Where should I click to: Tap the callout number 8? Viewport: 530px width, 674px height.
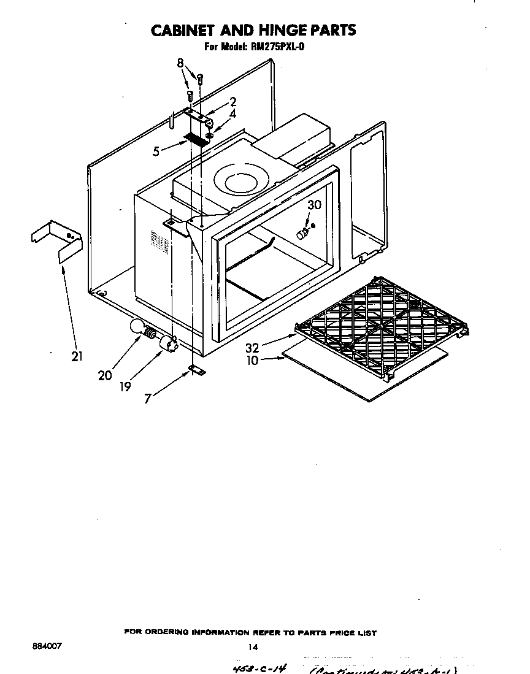point(180,63)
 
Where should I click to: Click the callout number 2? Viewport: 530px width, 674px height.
point(233,102)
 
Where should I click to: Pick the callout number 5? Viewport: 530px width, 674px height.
point(156,150)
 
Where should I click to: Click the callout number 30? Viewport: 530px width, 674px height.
point(314,205)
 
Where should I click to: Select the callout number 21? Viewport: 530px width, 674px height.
point(77,356)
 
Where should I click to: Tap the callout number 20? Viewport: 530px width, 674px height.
point(105,375)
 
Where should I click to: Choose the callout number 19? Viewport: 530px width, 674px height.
point(125,387)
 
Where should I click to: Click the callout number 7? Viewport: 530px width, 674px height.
point(148,399)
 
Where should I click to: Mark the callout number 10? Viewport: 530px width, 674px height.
point(253,361)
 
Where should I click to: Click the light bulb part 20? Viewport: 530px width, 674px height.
point(139,330)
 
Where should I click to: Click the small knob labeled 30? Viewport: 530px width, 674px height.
point(301,234)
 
